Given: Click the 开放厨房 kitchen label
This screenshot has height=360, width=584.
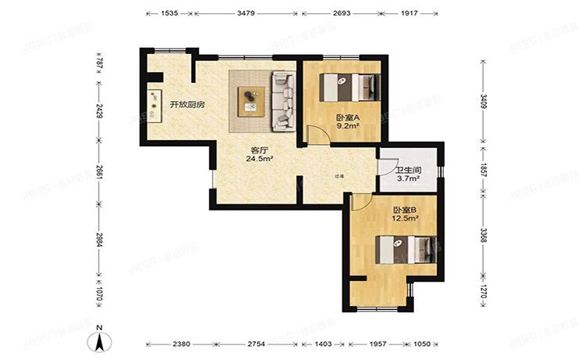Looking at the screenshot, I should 187,105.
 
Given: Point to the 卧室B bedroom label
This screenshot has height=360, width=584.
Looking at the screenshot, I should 404,209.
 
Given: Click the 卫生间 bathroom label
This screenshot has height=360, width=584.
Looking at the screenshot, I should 408,171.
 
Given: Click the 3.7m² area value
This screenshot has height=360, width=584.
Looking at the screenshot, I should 408,180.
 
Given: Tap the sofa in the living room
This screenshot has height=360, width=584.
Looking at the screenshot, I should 283,101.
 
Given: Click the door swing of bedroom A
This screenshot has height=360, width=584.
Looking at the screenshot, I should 316,135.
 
